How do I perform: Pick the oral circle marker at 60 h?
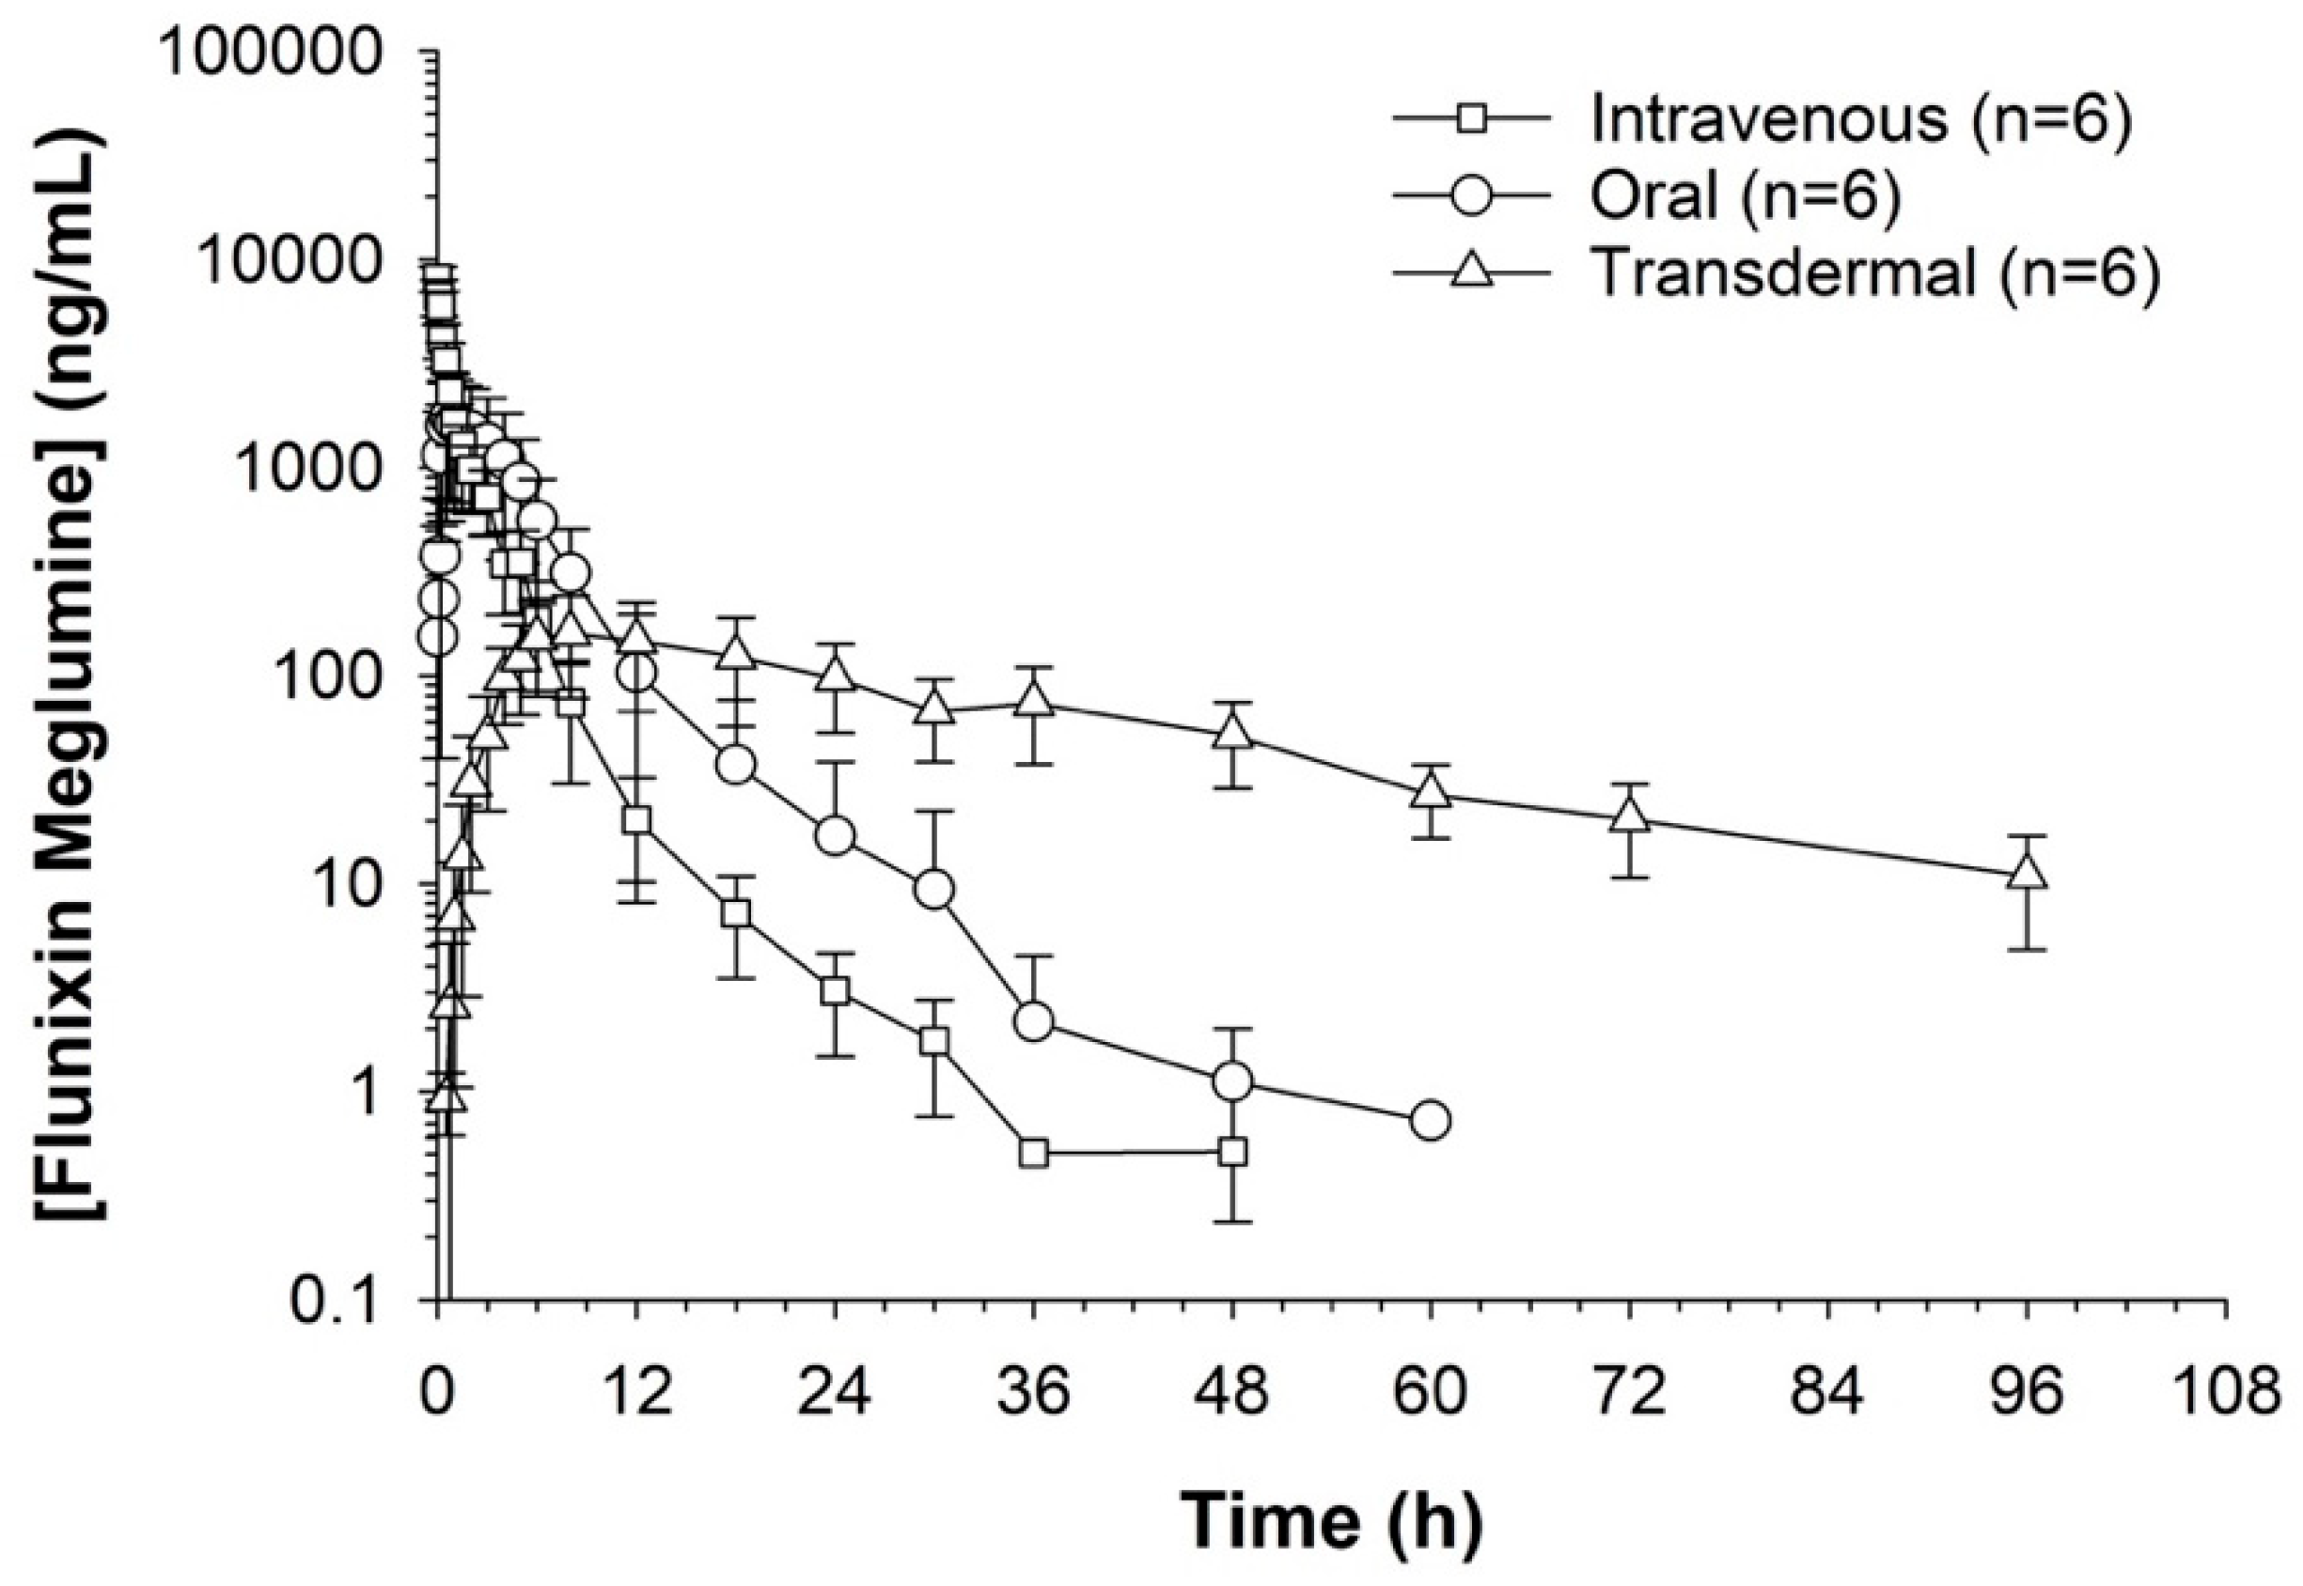[1431, 1120]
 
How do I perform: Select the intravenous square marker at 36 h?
[1034, 1153]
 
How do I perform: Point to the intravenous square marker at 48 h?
[1232, 1152]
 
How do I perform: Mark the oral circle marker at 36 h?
[1034, 1021]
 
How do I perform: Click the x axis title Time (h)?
[1331, 1519]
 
